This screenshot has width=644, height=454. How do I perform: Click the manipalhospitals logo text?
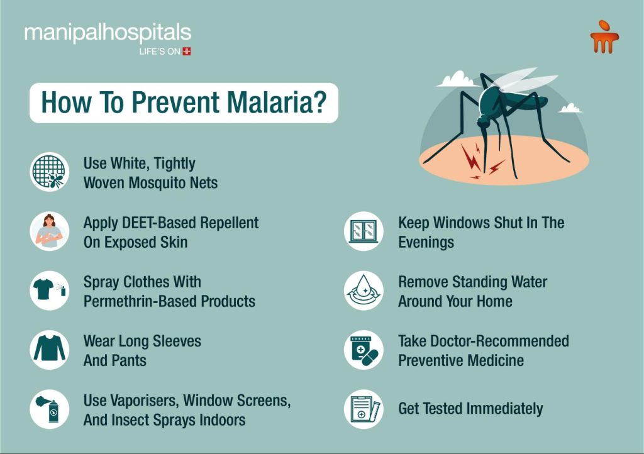(x=108, y=33)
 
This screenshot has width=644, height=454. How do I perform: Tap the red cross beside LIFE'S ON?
(x=187, y=52)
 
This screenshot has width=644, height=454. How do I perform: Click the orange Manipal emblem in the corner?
(x=604, y=36)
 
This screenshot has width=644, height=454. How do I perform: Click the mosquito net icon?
(x=50, y=172)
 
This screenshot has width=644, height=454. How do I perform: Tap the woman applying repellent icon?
(x=50, y=231)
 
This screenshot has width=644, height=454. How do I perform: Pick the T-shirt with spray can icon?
(x=50, y=291)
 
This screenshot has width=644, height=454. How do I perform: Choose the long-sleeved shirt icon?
(x=50, y=350)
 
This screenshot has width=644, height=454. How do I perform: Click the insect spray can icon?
(x=50, y=409)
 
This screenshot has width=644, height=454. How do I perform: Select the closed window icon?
(x=364, y=231)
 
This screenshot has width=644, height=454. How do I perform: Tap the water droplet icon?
(x=364, y=291)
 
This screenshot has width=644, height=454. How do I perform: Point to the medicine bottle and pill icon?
(x=364, y=350)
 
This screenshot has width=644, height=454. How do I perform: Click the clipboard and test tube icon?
(x=364, y=409)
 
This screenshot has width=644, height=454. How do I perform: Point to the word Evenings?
(x=426, y=242)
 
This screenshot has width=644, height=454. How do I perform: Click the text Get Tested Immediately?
(x=470, y=409)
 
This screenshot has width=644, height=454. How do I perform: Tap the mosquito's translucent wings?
(x=524, y=79)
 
